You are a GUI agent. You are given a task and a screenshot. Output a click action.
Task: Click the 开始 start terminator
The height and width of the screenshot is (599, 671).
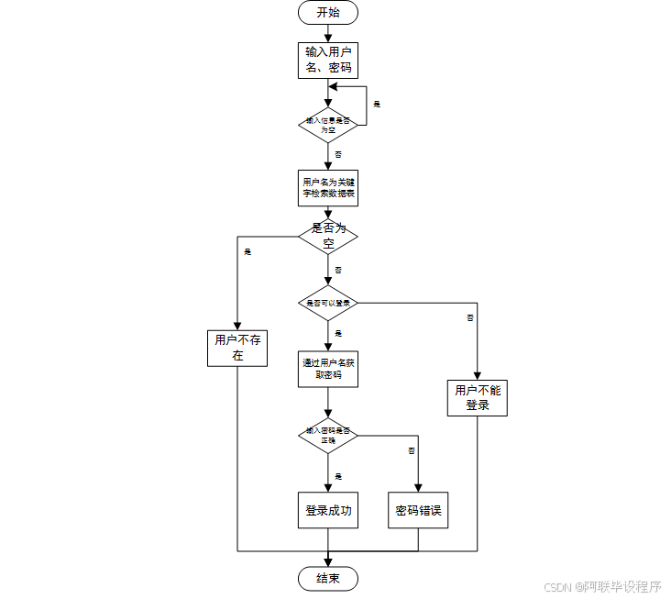328,12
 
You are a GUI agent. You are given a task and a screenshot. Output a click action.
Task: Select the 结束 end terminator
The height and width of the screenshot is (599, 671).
328,578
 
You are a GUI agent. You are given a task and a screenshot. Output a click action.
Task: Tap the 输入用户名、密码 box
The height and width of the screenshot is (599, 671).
328,61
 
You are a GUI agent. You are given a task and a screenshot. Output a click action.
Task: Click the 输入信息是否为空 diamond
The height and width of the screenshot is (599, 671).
328,125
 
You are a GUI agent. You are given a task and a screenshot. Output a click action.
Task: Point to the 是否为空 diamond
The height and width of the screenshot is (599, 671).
328,236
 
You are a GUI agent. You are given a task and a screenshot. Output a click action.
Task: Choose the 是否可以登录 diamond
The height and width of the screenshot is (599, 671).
328,303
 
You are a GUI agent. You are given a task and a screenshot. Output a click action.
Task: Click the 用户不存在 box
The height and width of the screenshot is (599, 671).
237,348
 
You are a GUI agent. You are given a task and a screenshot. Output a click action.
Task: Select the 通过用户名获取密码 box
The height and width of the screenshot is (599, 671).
328,369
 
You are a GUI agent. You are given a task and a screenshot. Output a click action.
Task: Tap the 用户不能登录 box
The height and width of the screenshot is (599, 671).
478,397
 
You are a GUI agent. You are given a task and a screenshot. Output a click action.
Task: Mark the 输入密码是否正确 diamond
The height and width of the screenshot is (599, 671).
328,436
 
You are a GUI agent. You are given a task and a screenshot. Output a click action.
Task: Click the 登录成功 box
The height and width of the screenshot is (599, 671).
328,510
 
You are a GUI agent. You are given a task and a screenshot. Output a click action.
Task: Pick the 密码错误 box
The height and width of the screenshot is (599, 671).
419,510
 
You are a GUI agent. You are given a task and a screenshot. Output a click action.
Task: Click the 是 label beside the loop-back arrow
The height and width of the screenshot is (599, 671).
377,104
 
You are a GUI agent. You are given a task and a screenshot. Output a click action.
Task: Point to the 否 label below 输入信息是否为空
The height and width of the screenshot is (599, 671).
338,154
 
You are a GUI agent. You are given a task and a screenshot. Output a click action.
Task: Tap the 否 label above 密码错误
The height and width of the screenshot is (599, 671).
412,450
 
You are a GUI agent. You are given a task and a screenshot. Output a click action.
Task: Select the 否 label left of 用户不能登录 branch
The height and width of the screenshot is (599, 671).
470,317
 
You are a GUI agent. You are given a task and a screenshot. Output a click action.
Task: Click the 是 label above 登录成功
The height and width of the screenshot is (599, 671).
338,476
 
